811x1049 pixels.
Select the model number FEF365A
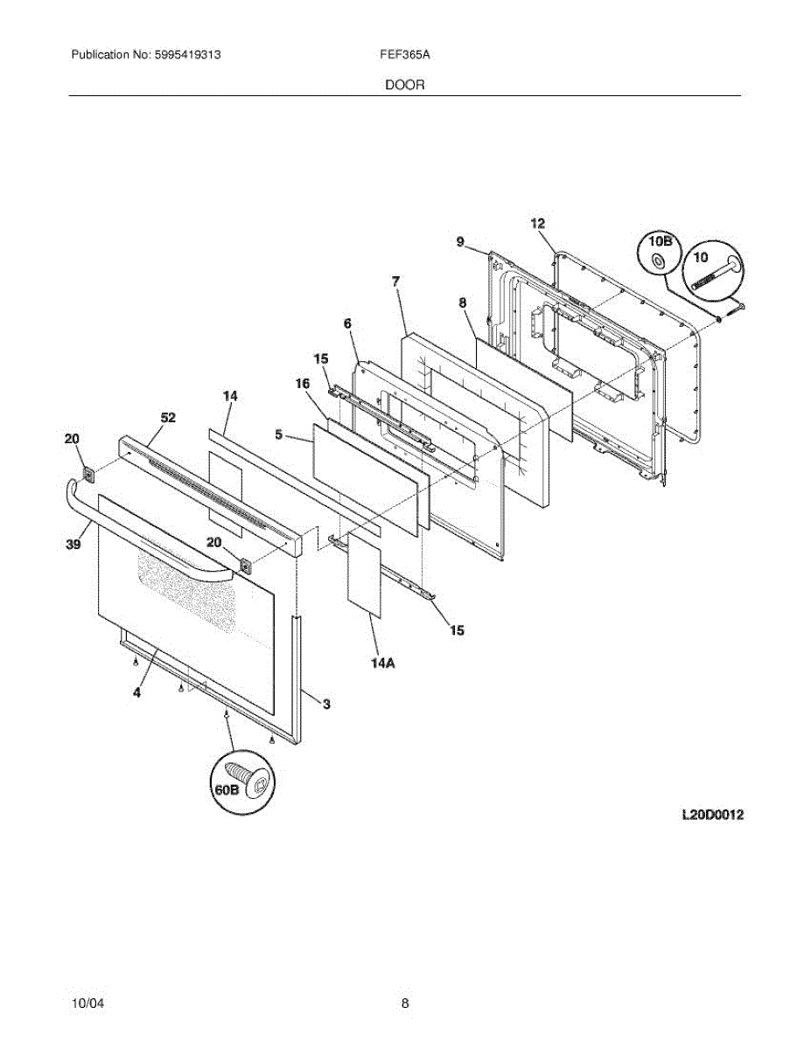(x=404, y=54)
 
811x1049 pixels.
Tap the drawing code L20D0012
(x=713, y=815)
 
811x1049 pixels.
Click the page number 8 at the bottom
(x=405, y=1004)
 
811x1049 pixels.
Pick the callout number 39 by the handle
(x=73, y=545)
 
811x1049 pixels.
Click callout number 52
(x=168, y=418)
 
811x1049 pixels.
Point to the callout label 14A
(x=381, y=663)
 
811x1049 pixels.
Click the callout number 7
(x=396, y=281)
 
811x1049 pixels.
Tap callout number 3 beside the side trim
(x=326, y=704)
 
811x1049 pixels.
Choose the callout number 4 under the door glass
(x=136, y=692)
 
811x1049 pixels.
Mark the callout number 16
(x=302, y=383)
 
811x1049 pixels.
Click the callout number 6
(x=347, y=323)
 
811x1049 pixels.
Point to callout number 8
(x=462, y=302)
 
